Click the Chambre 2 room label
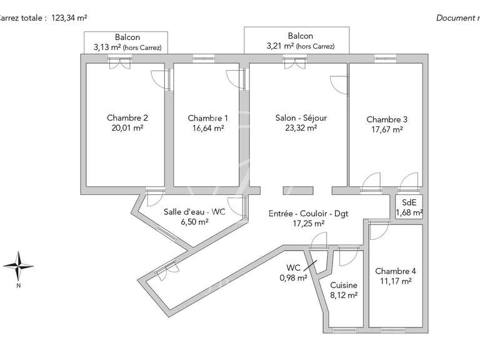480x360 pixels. coord(127,117)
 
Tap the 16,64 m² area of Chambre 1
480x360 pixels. coord(208,128)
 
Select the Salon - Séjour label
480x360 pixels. coord(301,117)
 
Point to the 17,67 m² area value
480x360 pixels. coord(387,130)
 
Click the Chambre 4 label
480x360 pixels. coord(395,271)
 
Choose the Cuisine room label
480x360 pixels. coord(344,284)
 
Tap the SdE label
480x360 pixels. coord(409,202)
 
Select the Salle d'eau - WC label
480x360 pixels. coord(194,212)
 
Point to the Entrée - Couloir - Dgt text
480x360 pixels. coord(308,213)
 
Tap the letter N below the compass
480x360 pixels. coord(19,286)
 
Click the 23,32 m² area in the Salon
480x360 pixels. coord(301,127)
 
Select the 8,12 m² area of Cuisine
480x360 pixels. coord(344,294)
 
